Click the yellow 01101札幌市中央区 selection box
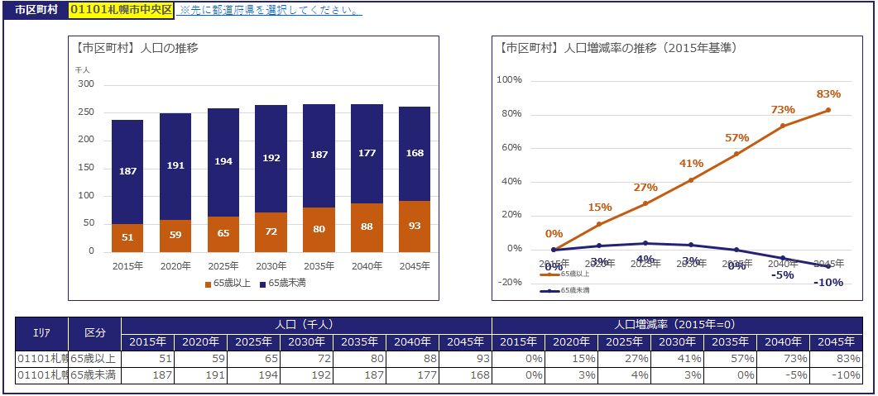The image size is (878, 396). (x=120, y=10)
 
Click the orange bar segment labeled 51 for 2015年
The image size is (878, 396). (x=127, y=237)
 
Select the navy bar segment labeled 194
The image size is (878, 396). (x=223, y=162)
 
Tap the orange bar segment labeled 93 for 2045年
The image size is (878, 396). (x=415, y=226)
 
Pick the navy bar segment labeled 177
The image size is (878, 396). (x=367, y=153)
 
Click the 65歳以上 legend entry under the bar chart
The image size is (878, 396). (x=227, y=284)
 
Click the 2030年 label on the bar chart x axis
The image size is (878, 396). (x=271, y=266)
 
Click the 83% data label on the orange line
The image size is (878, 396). (x=828, y=94)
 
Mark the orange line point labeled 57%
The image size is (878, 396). (x=736, y=154)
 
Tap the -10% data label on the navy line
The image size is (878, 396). (x=828, y=283)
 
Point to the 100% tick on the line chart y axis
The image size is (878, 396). (x=509, y=80)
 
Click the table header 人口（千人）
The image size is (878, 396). (x=306, y=325)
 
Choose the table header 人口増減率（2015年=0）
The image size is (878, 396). (x=677, y=325)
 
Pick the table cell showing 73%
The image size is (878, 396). (x=783, y=359)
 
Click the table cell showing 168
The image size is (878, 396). (x=464, y=375)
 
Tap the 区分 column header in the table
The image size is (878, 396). (x=94, y=333)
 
